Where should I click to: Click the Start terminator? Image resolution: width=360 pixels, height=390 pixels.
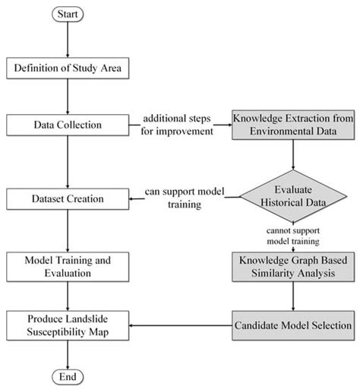point(68,14)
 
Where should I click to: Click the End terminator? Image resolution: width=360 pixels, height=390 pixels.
point(68,377)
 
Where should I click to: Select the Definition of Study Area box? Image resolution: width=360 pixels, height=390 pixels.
point(68,71)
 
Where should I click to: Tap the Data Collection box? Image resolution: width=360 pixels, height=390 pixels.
point(68,122)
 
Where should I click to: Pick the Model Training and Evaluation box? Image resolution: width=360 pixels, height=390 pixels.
point(68,267)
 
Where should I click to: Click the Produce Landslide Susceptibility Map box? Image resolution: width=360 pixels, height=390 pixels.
point(68,325)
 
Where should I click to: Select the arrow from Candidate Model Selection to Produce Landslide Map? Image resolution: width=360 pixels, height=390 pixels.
point(181,325)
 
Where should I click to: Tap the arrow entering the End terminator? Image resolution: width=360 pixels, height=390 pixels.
point(68,354)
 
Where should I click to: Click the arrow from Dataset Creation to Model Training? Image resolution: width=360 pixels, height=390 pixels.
point(68,232)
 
